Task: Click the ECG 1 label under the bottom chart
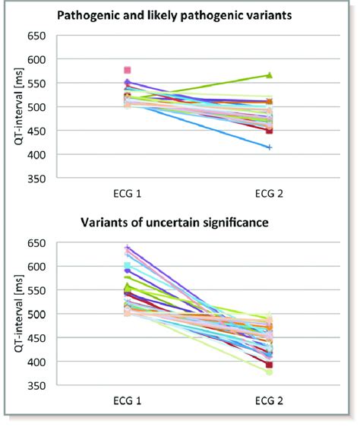[127, 399]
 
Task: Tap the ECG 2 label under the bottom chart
[270, 399]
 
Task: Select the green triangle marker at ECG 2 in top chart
[270, 75]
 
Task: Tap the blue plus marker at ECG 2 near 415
[270, 147]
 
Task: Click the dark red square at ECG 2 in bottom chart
[270, 365]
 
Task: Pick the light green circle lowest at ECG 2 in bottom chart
[270, 372]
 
